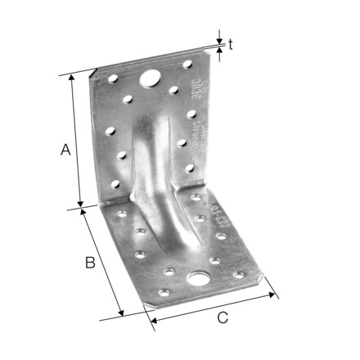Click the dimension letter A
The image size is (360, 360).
pos(65,151)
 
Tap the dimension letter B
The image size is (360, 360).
pos(92,263)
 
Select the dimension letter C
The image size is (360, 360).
pos(222,318)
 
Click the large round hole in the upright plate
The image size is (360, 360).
pos(151,79)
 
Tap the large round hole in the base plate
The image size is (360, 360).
pos(198,280)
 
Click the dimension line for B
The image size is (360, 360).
pos(104,263)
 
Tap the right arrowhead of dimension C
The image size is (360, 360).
pos(277,296)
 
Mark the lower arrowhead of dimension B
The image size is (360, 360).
pos(123,315)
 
